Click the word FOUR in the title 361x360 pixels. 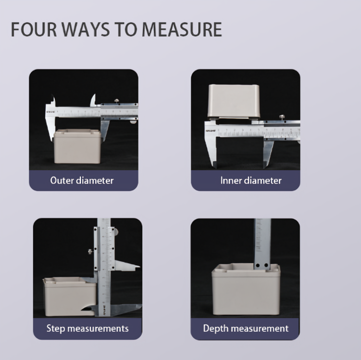pyautogui.click(x=34, y=29)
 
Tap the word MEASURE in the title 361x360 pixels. pyautogui.click(x=182, y=29)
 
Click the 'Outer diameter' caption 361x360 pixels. pyautogui.click(x=82, y=180)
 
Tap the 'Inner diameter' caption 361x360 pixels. pyautogui.click(x=251, y=180)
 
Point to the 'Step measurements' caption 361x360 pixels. pyautogui.click(x=87, y=328)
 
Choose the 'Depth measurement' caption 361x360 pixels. pyautogui.click(x=246, y=328)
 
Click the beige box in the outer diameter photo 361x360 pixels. pyautogui.click(x=77, y=147)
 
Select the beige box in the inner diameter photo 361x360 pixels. pyautogui.click(x=234, y=102)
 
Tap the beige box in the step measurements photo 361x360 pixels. pyautogui.click(x=69, y=296)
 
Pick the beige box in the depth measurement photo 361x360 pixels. pyautogui.click(x=246, y=289)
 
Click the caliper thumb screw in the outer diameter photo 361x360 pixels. pyautogui.click(x=116, y=101)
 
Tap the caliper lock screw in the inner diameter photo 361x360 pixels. pyautogui.click(x=281, y=117)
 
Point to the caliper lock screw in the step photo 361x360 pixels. pyautogui.click(x=90, y=251)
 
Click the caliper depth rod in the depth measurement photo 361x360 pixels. pyautogui.click(x=262, y=244)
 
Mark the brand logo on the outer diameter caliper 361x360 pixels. pyautogui.click(x=50, y=112)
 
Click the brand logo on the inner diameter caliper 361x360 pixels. pyautogui.click(x=211, y=131)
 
